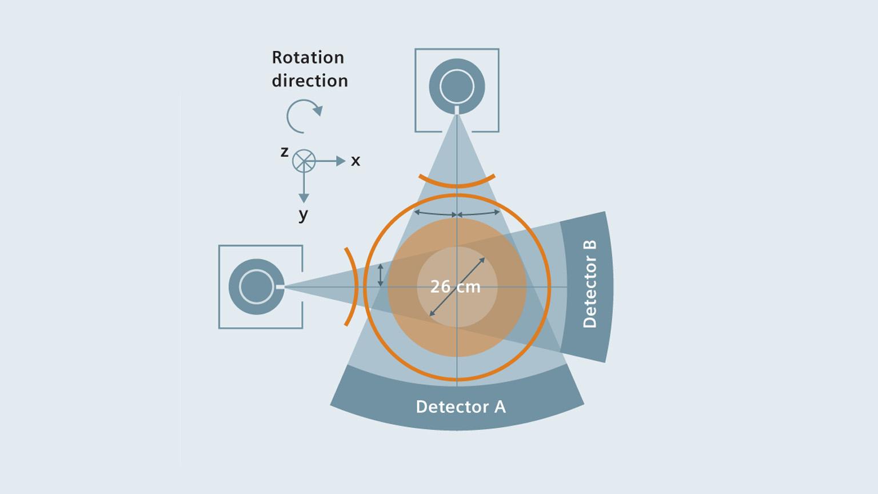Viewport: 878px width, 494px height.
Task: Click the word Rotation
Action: tap(308, 57)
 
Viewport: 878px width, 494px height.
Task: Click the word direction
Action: tap(309, 81)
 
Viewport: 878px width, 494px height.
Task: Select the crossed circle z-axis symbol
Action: tap(304, 161)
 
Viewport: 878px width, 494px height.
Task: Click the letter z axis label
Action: tap(284, 152)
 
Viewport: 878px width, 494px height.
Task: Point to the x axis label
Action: tap(356, 161)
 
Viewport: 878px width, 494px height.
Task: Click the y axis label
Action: tap(304, 214)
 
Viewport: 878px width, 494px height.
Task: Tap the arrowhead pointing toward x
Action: tap(341, 161)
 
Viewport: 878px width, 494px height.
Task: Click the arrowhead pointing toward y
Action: tap(304, 198)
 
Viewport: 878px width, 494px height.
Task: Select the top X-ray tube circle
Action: tap(457, 87)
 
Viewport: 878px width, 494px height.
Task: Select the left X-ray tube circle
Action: tap(257, 286)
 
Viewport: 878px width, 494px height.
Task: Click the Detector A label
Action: tap(460, 407)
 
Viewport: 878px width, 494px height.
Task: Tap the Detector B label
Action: tap(589, 284)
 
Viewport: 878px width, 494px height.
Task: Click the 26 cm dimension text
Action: tap(455, 286)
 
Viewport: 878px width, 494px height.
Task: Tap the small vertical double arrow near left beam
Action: tap(381, 275)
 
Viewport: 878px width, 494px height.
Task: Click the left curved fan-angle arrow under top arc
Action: tap(435, 213)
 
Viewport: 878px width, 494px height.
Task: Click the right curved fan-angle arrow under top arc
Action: tap(479, 213)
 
